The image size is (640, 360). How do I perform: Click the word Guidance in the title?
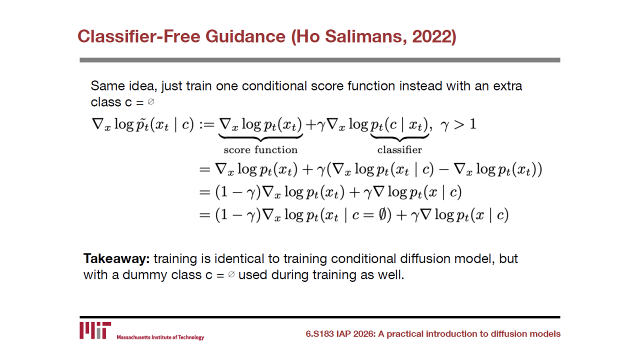[245, 36]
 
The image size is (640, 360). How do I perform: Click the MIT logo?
[95, 330]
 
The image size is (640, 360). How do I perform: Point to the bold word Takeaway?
[116, 259]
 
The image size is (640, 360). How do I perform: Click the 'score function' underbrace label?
[260, 149]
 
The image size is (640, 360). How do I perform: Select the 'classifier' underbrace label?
[399, 149]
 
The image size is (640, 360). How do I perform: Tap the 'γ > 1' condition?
[458, 124]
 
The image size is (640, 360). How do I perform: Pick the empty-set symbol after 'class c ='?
[151, 101]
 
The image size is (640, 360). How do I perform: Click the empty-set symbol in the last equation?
[382, 215]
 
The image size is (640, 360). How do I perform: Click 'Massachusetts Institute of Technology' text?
[160, 337]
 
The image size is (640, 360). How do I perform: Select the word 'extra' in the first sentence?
[507, 86]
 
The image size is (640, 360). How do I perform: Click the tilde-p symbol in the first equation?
[142, 125]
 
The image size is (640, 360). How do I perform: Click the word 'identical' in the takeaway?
[239, 259]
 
